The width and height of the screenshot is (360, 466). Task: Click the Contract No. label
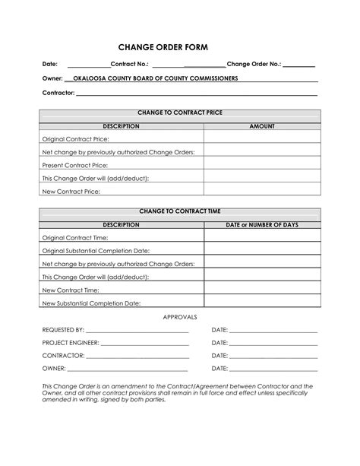coord(130,65)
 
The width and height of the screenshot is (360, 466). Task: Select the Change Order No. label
coord(254,65)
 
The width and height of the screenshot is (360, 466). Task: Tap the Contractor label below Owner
coord(58,93)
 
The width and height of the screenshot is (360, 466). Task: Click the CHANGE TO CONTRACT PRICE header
coord(180,113)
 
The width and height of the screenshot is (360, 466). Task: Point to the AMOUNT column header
coord(262,126)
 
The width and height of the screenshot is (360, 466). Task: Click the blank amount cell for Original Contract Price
coord(262,139)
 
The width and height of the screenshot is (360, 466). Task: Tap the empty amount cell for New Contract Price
coord(262,191)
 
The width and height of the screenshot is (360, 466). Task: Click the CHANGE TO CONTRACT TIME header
coord(180,211)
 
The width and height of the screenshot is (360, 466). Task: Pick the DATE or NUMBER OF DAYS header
coord(262,224)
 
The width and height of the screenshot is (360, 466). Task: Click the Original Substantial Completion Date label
coord(96,250)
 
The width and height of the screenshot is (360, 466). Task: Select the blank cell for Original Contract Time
coord(262,237)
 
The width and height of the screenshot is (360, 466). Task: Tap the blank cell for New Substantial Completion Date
coord(262,303)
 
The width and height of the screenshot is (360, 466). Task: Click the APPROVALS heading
coord(180,316)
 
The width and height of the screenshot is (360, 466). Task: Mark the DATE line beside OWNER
coord(273,369)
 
